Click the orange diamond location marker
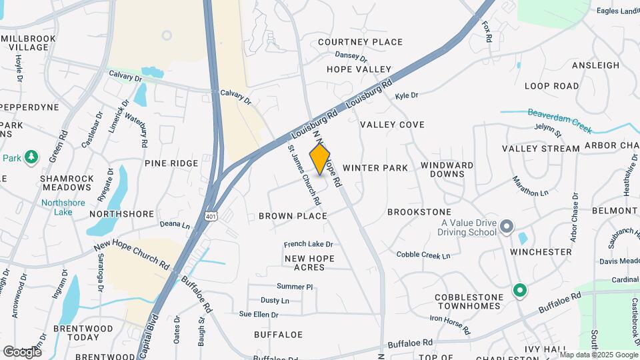coord(320,159)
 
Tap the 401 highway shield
coord(211,217)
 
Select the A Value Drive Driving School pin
coord(507,227)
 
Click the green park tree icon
coord(30,157)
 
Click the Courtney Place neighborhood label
coord(360,42)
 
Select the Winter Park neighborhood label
coord(375,168)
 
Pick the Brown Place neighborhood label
coord(293,216)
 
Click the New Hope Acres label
coord(305,263)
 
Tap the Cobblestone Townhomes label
coord(467,301)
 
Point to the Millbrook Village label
coord(28,43)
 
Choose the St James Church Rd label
coord(305,174)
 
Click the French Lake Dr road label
coord(308,245)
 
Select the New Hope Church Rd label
coord(132,254)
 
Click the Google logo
coord(22,351)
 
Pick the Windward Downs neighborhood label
coord(447,169)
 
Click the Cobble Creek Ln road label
coord(423,255)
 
